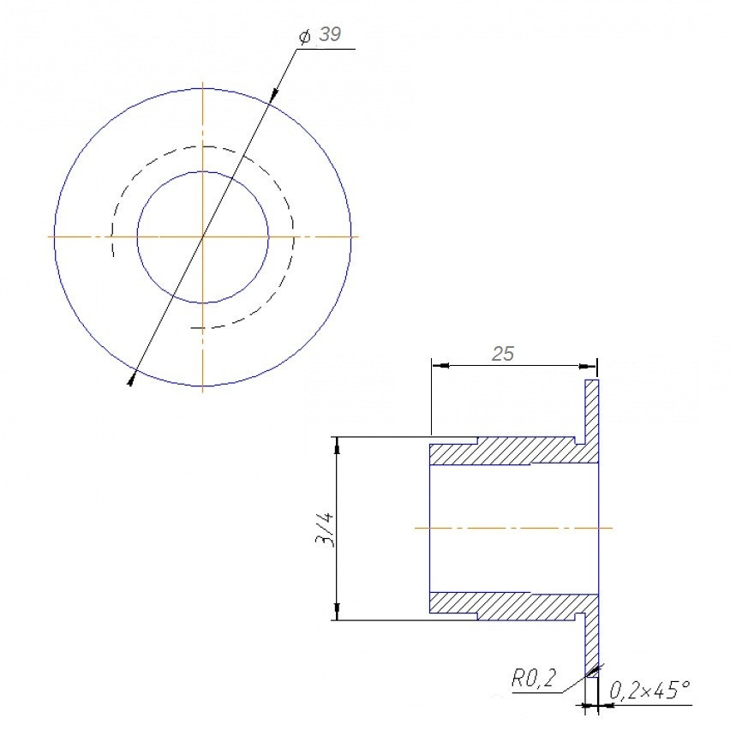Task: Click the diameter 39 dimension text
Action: pos(320,35)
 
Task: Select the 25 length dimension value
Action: pos(503,355)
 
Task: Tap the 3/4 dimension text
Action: pos(325,530)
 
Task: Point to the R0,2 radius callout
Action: pos(534,679)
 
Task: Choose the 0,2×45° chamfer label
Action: pos(649,691)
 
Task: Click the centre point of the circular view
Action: pos(203,237)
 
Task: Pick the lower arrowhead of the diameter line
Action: pos(132,378)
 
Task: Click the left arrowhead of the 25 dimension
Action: pos(441,366)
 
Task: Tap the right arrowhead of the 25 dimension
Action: pos(588,366)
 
